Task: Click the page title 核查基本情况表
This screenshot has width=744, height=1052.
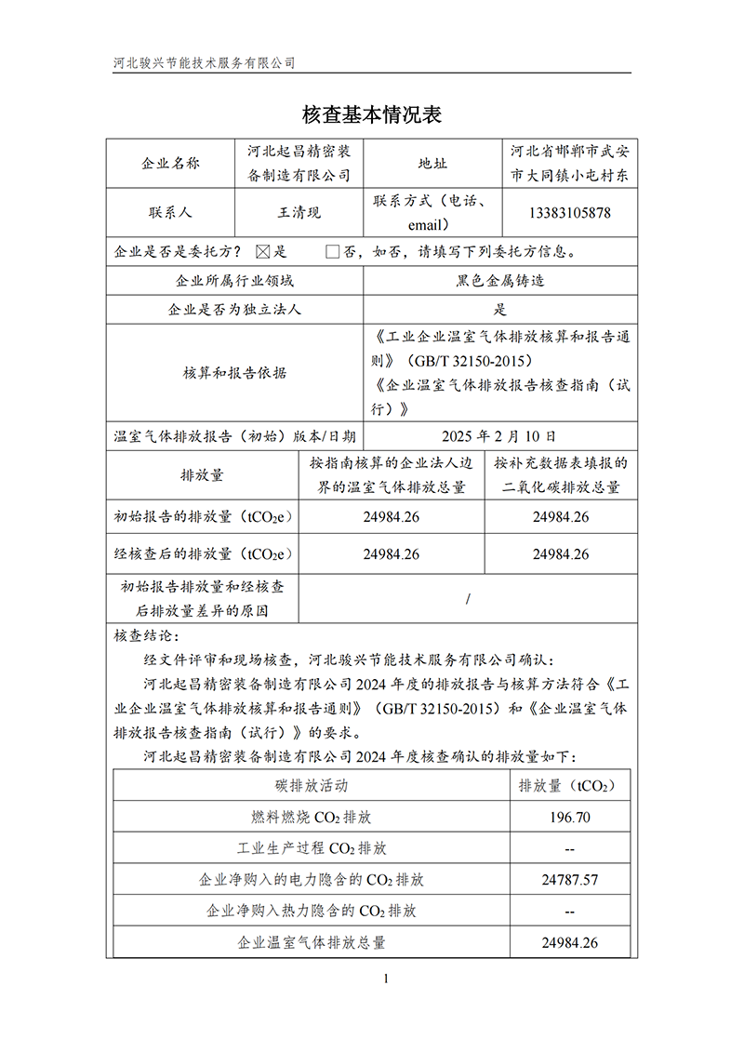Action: [371, 114]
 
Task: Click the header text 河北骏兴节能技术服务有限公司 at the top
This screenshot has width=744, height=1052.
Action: [204, 63]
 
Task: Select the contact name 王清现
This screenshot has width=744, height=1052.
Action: [299, 212]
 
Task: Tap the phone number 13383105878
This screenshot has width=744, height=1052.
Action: [569, 212]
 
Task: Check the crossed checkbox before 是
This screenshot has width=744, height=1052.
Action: [261, 251]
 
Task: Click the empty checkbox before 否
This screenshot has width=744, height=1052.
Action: [332, 251]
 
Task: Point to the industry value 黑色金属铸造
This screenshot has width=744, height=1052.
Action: [500, 281]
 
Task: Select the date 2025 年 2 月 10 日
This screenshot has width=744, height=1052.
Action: [499, 435]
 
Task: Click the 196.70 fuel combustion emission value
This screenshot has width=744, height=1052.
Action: [569, 818]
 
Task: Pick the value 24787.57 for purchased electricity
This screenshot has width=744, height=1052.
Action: [569, 880]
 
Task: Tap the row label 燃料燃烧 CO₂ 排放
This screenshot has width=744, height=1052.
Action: [312, 818]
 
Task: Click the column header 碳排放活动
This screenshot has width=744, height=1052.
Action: [312, 786]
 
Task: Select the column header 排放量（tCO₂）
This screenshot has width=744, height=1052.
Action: [567, 786]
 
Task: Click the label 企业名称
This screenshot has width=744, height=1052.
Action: [170, 164]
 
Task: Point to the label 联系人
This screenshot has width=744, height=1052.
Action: [170, 212]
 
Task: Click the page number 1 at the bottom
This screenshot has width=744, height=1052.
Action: [384, 978]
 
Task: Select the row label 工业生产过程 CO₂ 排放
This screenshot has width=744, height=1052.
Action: [312, 849]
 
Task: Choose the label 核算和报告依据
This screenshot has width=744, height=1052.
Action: [235, 373]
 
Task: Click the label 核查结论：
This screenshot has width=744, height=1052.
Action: [143, 636]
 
